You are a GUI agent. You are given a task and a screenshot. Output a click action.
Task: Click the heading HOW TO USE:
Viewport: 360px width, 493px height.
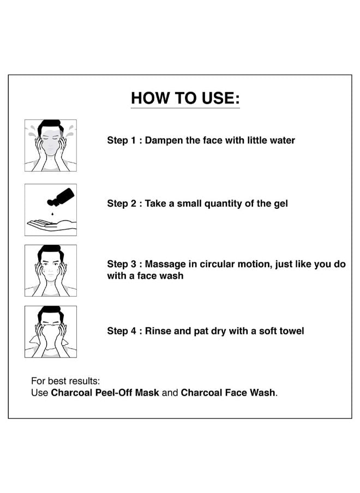tap(185, 98)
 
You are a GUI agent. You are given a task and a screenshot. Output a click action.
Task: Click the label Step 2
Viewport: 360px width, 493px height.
tap(122, 203)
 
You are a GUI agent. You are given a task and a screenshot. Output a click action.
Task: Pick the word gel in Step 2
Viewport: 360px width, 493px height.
tap(281, 204)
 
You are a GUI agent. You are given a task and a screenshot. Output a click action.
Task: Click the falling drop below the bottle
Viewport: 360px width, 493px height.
tap(52, 214)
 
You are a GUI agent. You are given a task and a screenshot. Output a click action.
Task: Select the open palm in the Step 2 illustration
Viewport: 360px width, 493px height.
tap(52, 225)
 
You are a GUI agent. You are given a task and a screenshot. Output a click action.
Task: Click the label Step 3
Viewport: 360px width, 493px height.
tap(122, 264)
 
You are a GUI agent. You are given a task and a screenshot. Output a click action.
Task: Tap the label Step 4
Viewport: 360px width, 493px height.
tap(122, 331)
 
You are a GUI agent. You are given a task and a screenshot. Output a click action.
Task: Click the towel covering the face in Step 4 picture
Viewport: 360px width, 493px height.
tap(51, 337)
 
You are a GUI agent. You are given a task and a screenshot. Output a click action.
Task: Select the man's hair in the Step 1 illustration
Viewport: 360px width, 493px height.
tap(49, 125)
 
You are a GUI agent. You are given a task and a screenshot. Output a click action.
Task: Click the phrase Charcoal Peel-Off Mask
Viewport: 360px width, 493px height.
tap(105, 393)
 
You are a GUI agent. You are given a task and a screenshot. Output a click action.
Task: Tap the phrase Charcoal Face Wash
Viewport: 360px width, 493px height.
tap(228, 393)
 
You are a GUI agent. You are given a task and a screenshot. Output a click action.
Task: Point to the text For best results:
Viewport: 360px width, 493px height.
tap(65, 381)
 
